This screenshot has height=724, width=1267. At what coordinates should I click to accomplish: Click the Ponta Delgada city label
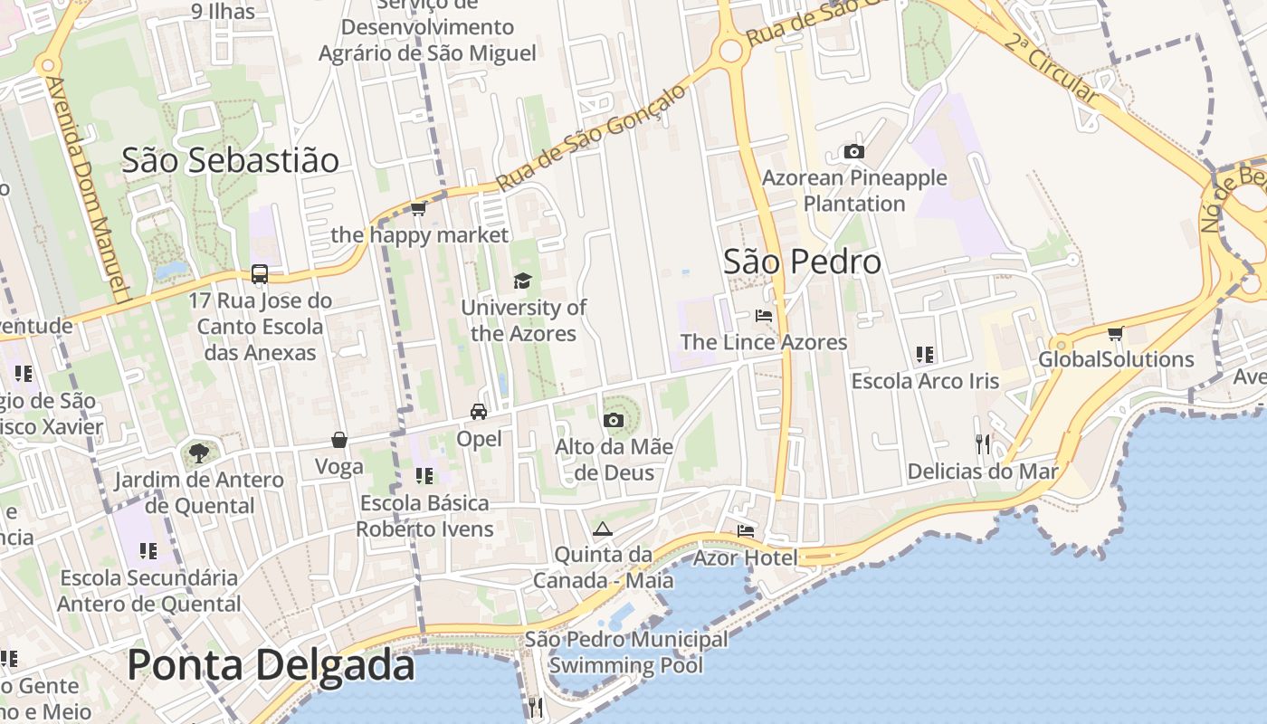[x=271, y=666]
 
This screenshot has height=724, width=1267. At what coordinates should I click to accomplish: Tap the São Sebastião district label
[x=230, y=161]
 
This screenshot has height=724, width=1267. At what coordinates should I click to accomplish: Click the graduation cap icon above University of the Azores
[x=522, y=281]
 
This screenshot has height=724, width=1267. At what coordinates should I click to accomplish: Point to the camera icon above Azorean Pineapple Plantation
[x=853, y=151]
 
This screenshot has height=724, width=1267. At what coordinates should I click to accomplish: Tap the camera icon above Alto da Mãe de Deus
[x=613, y=420]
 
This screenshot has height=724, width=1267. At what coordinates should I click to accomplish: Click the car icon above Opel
[x=479, y=412]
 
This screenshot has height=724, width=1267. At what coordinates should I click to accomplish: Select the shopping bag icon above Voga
[x=339, y=441]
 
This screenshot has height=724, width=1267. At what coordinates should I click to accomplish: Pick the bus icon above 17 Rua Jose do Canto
[x=260, y=273]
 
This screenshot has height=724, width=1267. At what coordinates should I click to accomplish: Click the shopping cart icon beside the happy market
[x=418, y=209]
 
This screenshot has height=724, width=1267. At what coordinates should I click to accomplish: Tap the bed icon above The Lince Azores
[x=764, y=316]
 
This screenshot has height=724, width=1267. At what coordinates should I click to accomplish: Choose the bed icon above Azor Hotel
[x=746, y=530]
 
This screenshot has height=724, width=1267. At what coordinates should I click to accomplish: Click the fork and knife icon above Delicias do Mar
[x=983, y=443]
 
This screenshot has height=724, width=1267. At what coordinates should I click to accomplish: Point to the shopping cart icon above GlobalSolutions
[x=1115, y=333]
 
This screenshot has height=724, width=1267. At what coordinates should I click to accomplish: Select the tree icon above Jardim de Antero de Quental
[x=198, y=452]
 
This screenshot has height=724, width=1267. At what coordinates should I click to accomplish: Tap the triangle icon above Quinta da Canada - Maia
[x=603, y=529]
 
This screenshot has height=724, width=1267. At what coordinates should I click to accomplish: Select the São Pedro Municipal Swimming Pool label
[x=626, y=653]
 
